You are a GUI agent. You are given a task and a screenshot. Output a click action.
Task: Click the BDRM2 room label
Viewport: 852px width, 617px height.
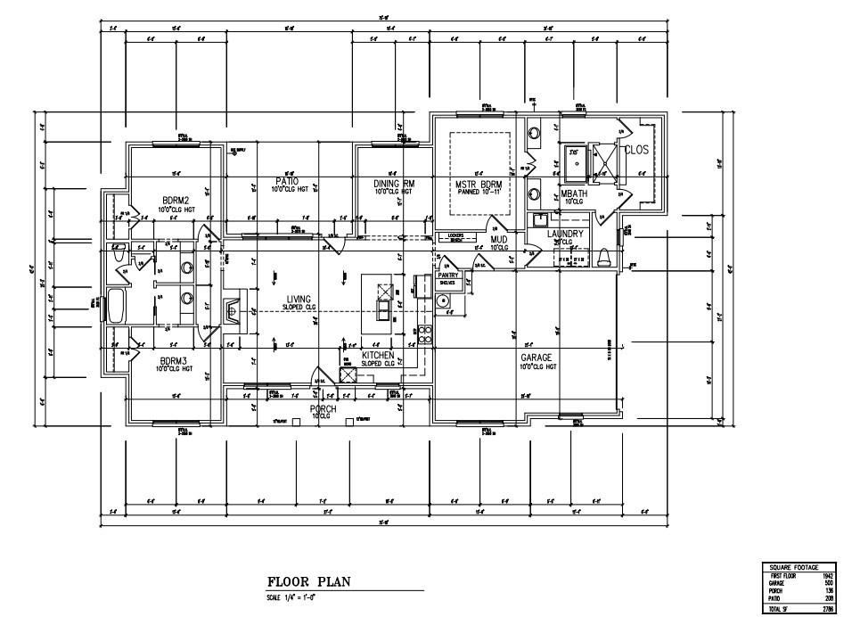[173, 200]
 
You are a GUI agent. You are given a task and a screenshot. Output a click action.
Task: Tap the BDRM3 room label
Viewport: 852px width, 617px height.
[173, 361]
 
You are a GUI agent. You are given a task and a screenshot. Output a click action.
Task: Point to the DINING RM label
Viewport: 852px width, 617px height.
[393, 183]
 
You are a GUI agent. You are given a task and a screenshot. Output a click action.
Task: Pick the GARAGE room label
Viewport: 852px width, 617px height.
[537, 357]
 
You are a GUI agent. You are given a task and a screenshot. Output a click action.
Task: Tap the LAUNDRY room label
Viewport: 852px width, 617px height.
[565, 234]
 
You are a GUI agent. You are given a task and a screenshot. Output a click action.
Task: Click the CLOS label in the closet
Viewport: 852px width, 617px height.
[636, 150]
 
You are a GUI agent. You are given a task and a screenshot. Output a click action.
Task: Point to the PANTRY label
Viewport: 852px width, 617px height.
[447, 276]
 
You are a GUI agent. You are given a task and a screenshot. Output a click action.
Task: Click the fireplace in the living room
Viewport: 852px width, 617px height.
[233, 312]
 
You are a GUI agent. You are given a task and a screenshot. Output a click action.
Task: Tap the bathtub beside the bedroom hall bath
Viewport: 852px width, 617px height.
[117, 306]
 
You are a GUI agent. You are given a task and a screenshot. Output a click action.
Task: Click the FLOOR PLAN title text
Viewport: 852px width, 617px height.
[308, 582]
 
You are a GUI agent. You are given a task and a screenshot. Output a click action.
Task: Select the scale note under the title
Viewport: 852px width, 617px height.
[292, 596]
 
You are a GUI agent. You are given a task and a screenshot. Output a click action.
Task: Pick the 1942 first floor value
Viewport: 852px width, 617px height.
[827, 577]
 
